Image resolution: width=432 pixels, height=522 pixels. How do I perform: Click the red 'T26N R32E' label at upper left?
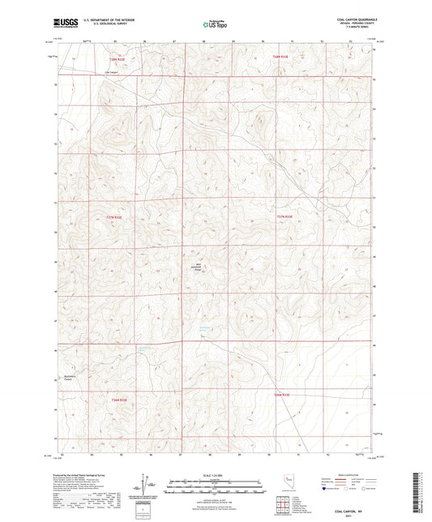[x=118, y=58]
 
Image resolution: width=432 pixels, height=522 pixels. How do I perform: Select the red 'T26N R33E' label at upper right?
[x=280, y=57]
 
